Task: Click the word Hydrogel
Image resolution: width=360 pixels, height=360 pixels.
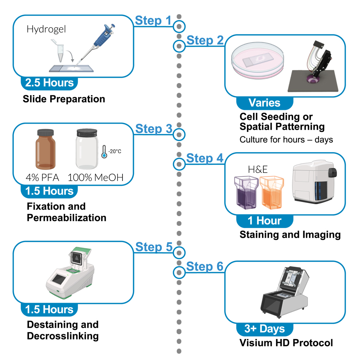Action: pos(46,29)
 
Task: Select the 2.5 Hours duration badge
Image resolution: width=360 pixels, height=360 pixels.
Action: pos(50,83)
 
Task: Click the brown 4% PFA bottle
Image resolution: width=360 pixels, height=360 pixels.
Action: pos(46,149)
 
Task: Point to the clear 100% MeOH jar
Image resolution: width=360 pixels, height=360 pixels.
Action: pos(87,149)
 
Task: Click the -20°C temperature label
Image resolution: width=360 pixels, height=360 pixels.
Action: pos(115,151)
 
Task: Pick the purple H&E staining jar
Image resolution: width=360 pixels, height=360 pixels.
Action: pos(246,192)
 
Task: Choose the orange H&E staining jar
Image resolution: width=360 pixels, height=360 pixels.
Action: pos(272,192)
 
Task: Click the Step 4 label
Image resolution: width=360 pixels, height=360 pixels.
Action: pos(205,158)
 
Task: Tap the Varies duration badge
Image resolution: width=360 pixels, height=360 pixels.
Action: pos(265,103)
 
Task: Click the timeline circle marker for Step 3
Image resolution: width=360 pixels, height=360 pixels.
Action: pos(179,134)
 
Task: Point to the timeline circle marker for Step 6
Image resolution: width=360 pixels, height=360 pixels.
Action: pos(179,273)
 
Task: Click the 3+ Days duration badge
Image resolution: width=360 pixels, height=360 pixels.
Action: pos(265,329)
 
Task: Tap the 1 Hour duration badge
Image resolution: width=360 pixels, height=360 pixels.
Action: pos(265,221)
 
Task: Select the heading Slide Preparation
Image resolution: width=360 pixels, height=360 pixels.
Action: pos(64,99)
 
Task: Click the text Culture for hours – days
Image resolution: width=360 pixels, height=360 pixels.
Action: pos(286,140)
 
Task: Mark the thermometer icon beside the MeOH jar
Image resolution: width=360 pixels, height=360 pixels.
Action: pos(104,151)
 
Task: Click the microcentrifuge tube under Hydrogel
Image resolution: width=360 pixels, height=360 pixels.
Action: pos(59,51)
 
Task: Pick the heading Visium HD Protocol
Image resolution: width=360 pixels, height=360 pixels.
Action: pos(286,343)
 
